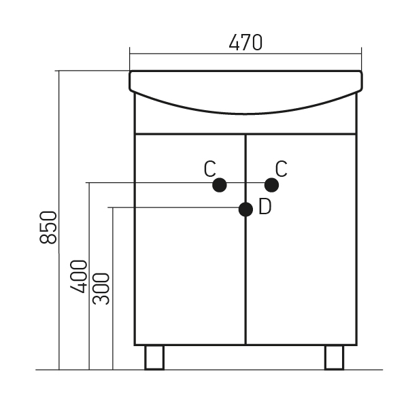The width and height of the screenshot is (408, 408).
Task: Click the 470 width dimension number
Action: click(x=245, y=42)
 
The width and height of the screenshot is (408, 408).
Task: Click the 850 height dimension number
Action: click(x=48, y=227)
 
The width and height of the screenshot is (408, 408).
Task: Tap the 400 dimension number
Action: click(x=79, y=276)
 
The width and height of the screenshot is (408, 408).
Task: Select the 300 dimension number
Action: click(x=101, y=288)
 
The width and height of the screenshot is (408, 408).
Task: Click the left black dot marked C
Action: click(x=220, y=185)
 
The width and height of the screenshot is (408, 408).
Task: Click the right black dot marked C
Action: click(x=271, y=185)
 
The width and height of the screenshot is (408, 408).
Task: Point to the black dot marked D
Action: click(x=245, y=209)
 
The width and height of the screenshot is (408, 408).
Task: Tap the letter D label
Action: click(x=265, y=207)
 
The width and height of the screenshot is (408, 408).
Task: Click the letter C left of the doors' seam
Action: click(x=210, y=169)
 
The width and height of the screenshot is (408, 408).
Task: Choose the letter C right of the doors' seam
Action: click(x=282, y=169)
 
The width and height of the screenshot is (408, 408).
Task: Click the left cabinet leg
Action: click(x=154, y=357)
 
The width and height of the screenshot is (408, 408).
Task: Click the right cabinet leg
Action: click(x=335, y=357)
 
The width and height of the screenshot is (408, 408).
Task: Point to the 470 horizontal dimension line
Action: click(x=245, y=54)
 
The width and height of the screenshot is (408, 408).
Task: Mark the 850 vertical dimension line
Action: click(x=59, y=220)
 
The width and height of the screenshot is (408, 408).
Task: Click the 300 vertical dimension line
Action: click(x=113, y=288)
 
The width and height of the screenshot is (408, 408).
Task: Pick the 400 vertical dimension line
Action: click(x=89, y=276)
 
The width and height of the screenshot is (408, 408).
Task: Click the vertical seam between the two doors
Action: click(x=245, y=239)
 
